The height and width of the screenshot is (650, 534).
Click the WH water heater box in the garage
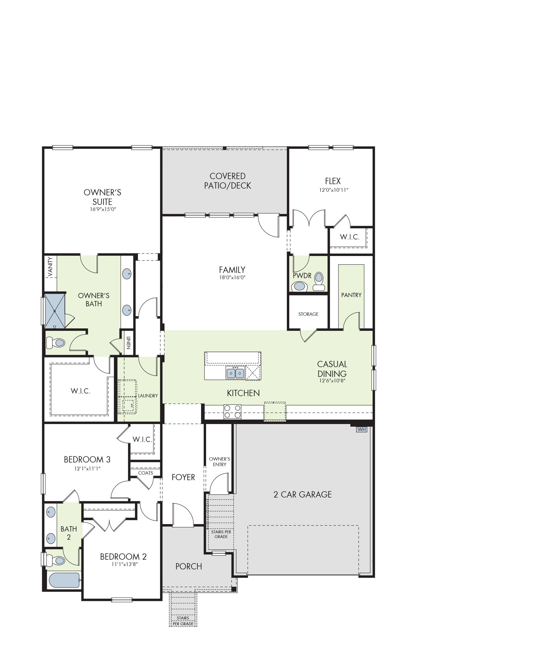tap(361, 429)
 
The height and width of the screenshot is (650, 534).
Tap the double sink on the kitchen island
tap(235, 373)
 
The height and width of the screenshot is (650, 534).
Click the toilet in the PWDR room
tap(319, 282)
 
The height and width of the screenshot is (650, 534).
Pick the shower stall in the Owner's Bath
tap(55, 311)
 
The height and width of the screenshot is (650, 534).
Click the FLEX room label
tap(333, 181)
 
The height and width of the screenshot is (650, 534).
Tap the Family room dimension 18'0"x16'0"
tap(232, 277)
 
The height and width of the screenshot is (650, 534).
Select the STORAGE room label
tap(308, 314)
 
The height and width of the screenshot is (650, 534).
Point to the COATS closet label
tap(146, 473)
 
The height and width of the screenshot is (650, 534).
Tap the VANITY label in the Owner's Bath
tap(51, 267)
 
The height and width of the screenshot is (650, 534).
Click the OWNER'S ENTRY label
tap(220, 462)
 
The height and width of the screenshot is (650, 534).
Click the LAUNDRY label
tap(148, 396)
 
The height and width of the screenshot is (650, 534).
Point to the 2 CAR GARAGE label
tap(303, 495)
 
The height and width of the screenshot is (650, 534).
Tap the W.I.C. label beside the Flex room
tap(350, 237)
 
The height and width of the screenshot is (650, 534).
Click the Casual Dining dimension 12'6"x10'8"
tap(332, 381)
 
